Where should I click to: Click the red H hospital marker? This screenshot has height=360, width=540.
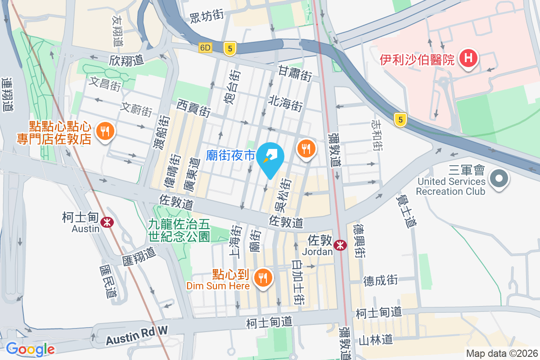pos(468,58)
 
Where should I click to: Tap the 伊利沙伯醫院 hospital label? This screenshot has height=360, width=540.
pos(417,59)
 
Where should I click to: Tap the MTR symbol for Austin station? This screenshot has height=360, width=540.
pos(107,222)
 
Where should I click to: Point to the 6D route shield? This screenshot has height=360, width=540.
pos(205,48)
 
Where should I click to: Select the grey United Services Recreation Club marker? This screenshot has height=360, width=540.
pos(499,179)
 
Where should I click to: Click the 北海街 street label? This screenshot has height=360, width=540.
pos(285,103)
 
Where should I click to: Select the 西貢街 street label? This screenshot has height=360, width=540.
pos(193,108)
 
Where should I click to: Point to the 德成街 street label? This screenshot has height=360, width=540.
pos(381,280)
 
